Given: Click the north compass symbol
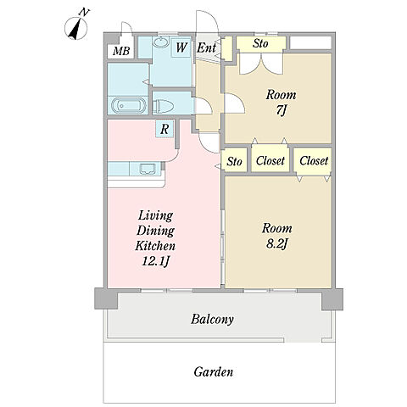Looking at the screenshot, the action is (x=76, y=28).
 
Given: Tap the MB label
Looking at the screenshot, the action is (x=121, y=51).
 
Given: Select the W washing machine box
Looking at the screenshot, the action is (x=181, y=47).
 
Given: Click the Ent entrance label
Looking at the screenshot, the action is (x=207, y=47).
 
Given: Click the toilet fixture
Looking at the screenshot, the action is (x=163, y=107).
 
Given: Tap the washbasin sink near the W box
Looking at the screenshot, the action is (x=161, y=42).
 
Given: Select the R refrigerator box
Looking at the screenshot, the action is (x=164, y=129).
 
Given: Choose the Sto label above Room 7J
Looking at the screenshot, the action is (x=260, y=43).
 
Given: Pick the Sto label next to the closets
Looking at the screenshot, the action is (x=234, y=162).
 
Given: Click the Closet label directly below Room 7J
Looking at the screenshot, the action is (x=270, y=160).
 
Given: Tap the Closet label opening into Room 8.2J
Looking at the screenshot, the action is (x=314, y=161).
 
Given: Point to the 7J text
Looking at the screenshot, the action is (x=281, y=110).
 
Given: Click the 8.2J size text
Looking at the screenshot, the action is (x=277, y=243).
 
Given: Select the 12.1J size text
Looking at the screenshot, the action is (x=155, y=261).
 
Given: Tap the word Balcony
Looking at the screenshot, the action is (x=212, y=320).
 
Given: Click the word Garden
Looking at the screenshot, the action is (x=214, y=371).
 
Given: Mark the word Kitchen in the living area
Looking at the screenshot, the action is (x=155, y=245).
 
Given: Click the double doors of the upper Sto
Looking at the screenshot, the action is (x=261, y=64).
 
